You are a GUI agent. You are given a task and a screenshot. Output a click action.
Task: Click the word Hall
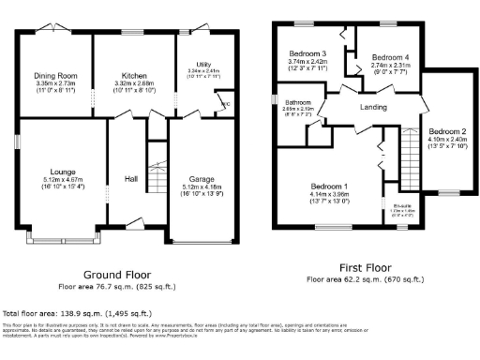coord(132,181)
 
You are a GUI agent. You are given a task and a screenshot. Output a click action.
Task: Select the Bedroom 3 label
coord(307,54)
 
